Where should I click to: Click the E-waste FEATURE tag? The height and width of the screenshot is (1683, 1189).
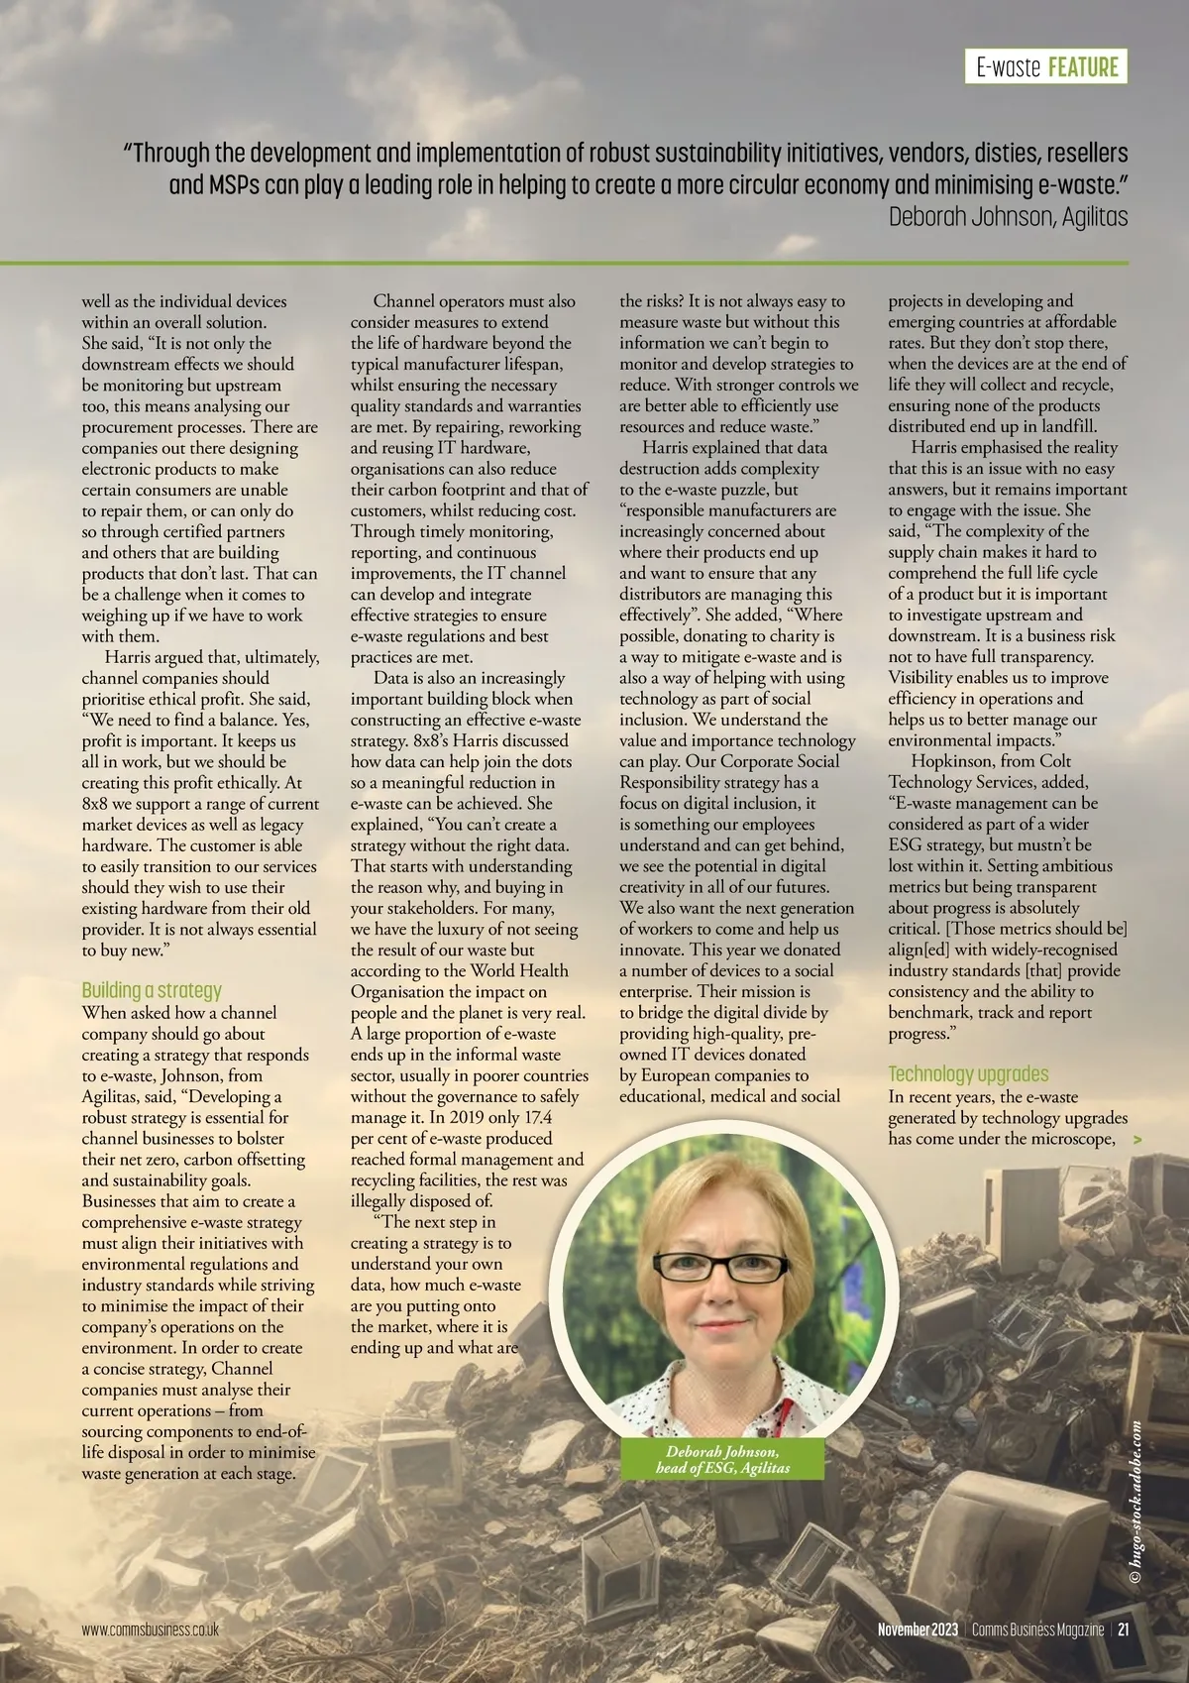[x=1046, y=67]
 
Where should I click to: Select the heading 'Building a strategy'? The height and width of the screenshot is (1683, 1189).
[x=152, y=990]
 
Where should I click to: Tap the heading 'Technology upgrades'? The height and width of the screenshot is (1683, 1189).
[x=968, y=1074]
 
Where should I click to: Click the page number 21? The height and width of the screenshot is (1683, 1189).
[x=1125, y=1629]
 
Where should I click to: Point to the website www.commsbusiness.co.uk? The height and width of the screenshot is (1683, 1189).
[x=150, y=1629]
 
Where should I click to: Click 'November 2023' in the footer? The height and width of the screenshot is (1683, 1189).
[x=918, y=1629]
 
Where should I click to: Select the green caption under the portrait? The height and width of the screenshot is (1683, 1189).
[x=722, y=1459]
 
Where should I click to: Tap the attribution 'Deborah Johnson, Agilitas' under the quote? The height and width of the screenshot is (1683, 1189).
[x=1008, y=217]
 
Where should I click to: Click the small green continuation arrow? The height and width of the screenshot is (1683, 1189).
[x=1136, y=1140]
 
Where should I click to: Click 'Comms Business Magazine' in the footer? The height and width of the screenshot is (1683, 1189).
[x=1037, y=1629]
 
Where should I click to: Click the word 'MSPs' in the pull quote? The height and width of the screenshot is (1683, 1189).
[x=233, y=185]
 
